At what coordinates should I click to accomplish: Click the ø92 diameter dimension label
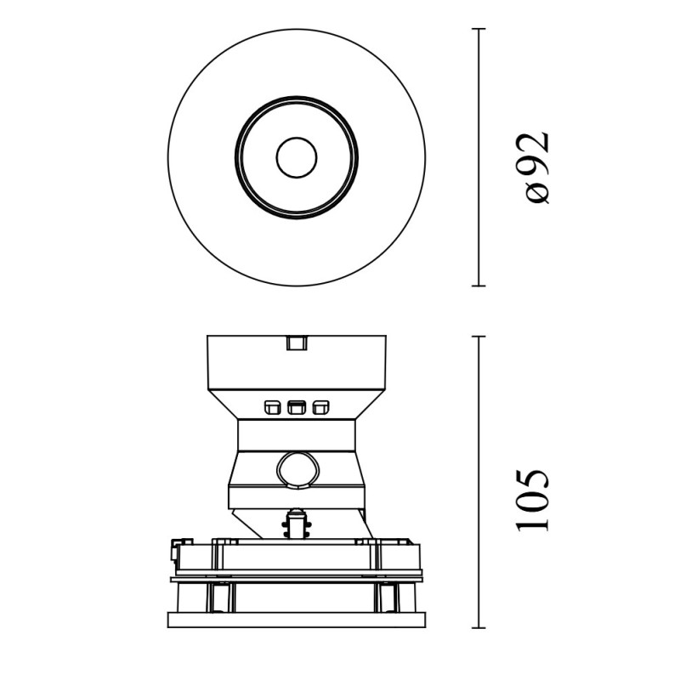pyautogui.click(x=538, y=167)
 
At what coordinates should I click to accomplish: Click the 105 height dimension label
pyautogui.click(x=533, y=500)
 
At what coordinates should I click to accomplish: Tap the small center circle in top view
pyautogui.click(x=297, y=157)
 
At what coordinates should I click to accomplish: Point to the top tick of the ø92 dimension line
pyautogui.click(x=479, y=29)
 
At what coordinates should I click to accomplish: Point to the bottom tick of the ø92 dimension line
pyautogui.click(x=479, y=286)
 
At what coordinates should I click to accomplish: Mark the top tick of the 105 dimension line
pyautogui.click(x=479, y=336)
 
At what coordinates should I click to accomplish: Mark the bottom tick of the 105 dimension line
pyautogui.click(x=479, y=627)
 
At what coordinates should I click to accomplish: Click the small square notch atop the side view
pyautogui.click(x=297, y=343)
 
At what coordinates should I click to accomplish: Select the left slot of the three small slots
pyautogui.click(x=272, y=407)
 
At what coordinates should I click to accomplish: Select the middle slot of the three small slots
pyautogui.click(x=297, y=407)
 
